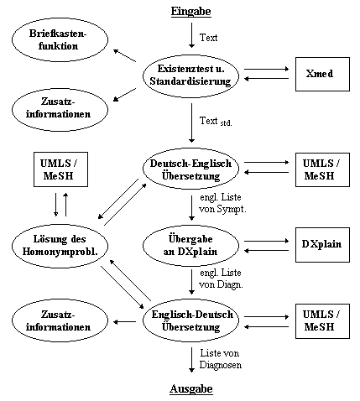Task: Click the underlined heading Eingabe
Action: [191, 12]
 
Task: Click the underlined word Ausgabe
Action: [191, 389]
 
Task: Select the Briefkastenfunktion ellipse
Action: [60, 39]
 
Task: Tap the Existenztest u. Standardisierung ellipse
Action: [191, 75]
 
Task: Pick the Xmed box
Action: [322, 74]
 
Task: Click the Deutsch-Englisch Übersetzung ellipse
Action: [191, 169]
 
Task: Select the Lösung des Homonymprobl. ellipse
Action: [60, 246]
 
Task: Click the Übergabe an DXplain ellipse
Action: [191, 245]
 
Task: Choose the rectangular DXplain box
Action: [322, 245]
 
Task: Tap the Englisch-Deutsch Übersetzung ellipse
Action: [191, 320]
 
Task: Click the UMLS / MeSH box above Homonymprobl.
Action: [60, 169]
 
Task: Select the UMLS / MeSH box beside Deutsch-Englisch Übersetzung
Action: [322, 169]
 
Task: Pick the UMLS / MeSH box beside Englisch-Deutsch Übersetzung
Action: [322, 321]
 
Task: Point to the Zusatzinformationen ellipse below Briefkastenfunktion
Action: [60, 110]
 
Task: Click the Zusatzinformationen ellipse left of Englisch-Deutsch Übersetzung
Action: [60, 320]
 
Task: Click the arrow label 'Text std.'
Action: [216, 122]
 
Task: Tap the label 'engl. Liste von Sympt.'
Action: [222, 203]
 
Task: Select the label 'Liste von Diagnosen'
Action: [221, 359]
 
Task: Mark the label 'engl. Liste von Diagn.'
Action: [221, 279]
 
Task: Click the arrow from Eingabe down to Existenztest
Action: [191, 35]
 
